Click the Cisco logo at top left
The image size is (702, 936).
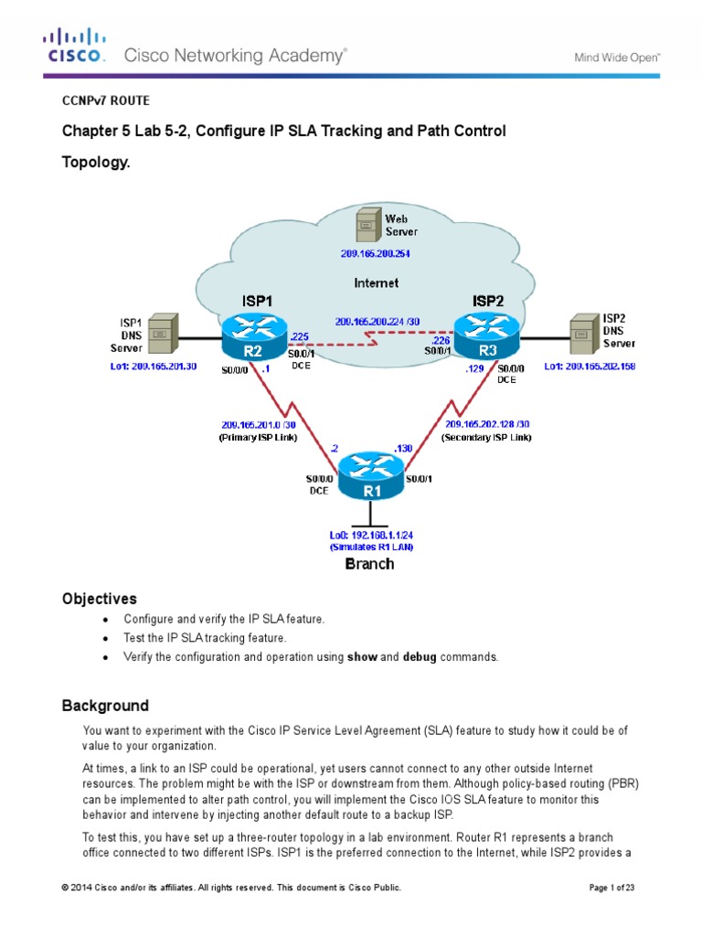click(75, 46)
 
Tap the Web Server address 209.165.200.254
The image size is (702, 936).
click(374, 253)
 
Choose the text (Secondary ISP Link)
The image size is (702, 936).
click(486, 437)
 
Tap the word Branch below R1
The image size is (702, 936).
click(369, 564)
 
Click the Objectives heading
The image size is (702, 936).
click(99, 599)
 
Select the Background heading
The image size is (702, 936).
click(104, 706)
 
